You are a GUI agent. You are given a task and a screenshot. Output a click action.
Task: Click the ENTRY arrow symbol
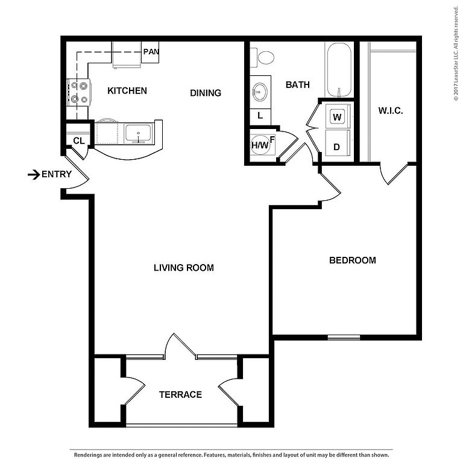point(34,174)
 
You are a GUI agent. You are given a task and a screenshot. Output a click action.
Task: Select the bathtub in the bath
point(339,70)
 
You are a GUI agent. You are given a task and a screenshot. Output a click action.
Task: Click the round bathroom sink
point(260,92)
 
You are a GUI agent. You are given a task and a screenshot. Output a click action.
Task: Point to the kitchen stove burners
point(79,92)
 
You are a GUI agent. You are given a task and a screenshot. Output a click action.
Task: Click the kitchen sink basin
point(138,133)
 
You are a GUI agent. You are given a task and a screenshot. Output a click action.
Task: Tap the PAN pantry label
point(151,52)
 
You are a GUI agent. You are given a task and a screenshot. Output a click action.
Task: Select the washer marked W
point(338,116)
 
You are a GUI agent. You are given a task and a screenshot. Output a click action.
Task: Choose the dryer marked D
point(338,144)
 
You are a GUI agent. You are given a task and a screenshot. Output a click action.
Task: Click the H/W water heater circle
point(260,145)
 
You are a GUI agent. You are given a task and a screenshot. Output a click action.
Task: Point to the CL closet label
point(79,141)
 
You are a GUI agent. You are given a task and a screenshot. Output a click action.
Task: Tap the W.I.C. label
point(391,111)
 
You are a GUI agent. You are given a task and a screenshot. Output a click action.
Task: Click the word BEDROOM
point(353,260)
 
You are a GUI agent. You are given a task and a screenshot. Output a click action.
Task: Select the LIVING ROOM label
point(184,268)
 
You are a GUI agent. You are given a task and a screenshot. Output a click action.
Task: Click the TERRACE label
point(180,394)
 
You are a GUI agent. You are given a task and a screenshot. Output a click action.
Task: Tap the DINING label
point(206,93)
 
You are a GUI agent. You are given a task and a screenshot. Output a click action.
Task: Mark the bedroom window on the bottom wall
point(344,337)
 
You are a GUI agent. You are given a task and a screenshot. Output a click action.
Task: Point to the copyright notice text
point(456,54)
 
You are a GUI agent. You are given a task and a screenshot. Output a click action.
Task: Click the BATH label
point(298,85)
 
